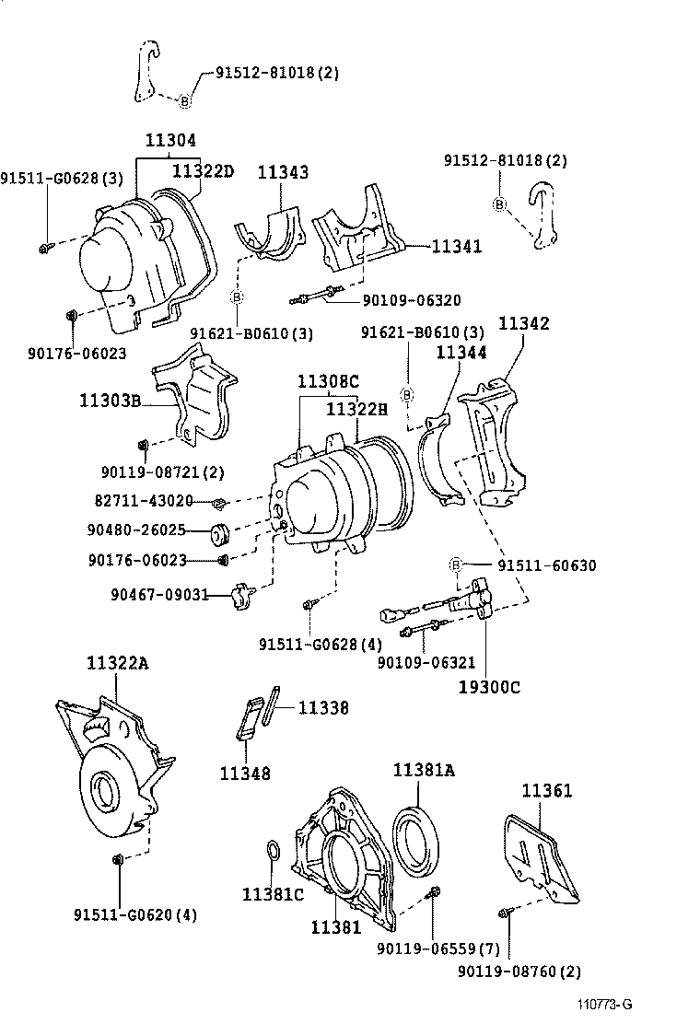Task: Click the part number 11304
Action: coord(170,141)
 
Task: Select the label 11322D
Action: coord(204,170)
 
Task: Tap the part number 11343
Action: coord(283,172)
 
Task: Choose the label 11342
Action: coord(524,323)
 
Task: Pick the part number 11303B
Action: coord(110,401)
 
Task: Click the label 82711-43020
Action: coord(144,501)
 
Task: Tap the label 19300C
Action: coord(490,686)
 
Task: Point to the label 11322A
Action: coord(117,663)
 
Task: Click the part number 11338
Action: coord(323,707)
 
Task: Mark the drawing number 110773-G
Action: coord(605,1005)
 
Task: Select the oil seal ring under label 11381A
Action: coord(419,839)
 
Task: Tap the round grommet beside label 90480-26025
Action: coord(221,533)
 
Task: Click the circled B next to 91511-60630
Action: coord(455,565)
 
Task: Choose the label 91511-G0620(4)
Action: coord(135,914)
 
